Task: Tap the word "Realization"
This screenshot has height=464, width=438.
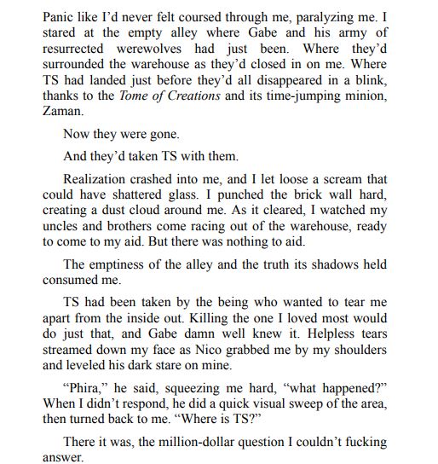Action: pos(101,180)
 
